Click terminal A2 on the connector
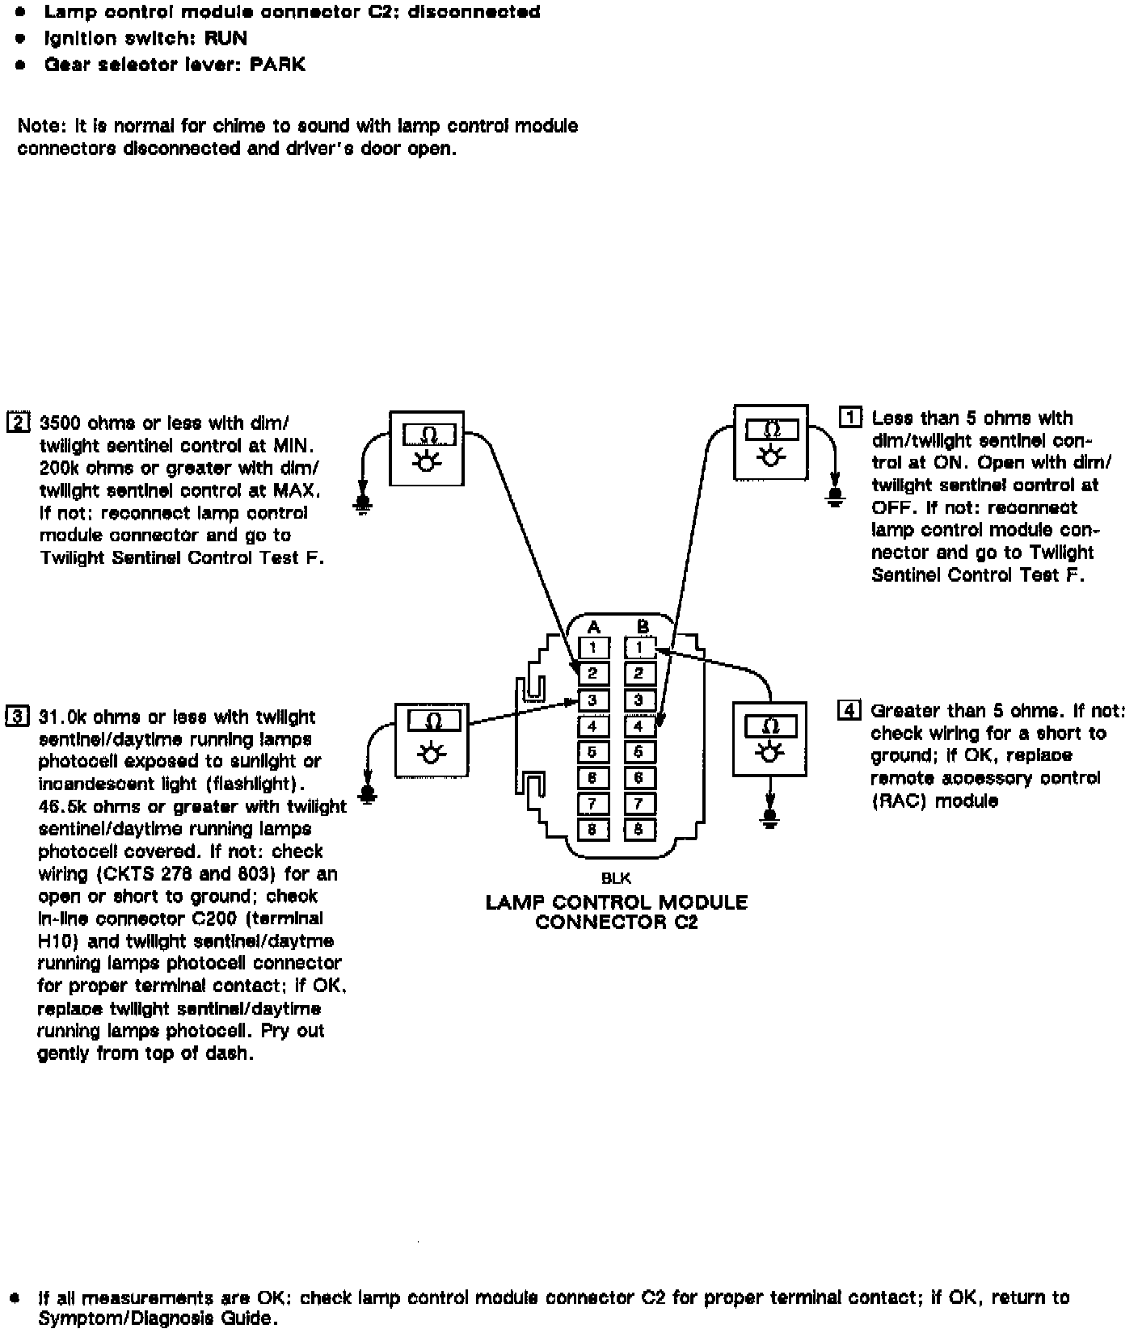tap(593, 673)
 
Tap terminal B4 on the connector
tap(639, 725)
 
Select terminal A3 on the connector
tap(593, 700)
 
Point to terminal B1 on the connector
tap(639, 647)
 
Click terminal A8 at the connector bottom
tap(593, 830)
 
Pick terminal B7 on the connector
tap(639, 804)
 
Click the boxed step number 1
tap(850, 418)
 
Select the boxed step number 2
tap(18, 422)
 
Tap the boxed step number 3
tap(17, 716)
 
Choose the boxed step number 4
tap(849, 711)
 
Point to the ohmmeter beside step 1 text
tap(770, 442)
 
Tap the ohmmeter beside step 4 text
tap(769, 738)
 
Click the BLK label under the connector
tap(616, 878)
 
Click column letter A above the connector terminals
tap(593, 627)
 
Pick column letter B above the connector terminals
tap(643, 627)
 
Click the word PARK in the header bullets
tap(277, 65)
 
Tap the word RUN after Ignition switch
tap(225, 38)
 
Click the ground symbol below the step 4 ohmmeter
tap(770, 818)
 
